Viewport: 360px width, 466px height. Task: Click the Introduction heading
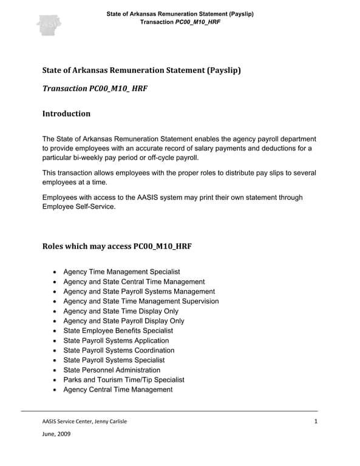66,113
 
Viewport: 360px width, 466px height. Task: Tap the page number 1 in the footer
316,422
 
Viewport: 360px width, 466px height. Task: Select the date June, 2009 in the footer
56,434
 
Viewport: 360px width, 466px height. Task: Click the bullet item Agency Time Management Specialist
121,272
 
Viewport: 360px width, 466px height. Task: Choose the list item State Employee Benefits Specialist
118,331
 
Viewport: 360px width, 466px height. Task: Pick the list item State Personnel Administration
112,370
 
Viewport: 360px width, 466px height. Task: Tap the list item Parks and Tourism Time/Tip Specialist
124,379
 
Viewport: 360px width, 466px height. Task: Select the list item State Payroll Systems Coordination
118,350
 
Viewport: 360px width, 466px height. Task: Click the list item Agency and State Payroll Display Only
124,320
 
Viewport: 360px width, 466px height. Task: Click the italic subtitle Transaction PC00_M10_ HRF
95,89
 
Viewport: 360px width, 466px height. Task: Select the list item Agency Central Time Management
118,389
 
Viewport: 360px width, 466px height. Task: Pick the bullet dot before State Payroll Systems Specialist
56,360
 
